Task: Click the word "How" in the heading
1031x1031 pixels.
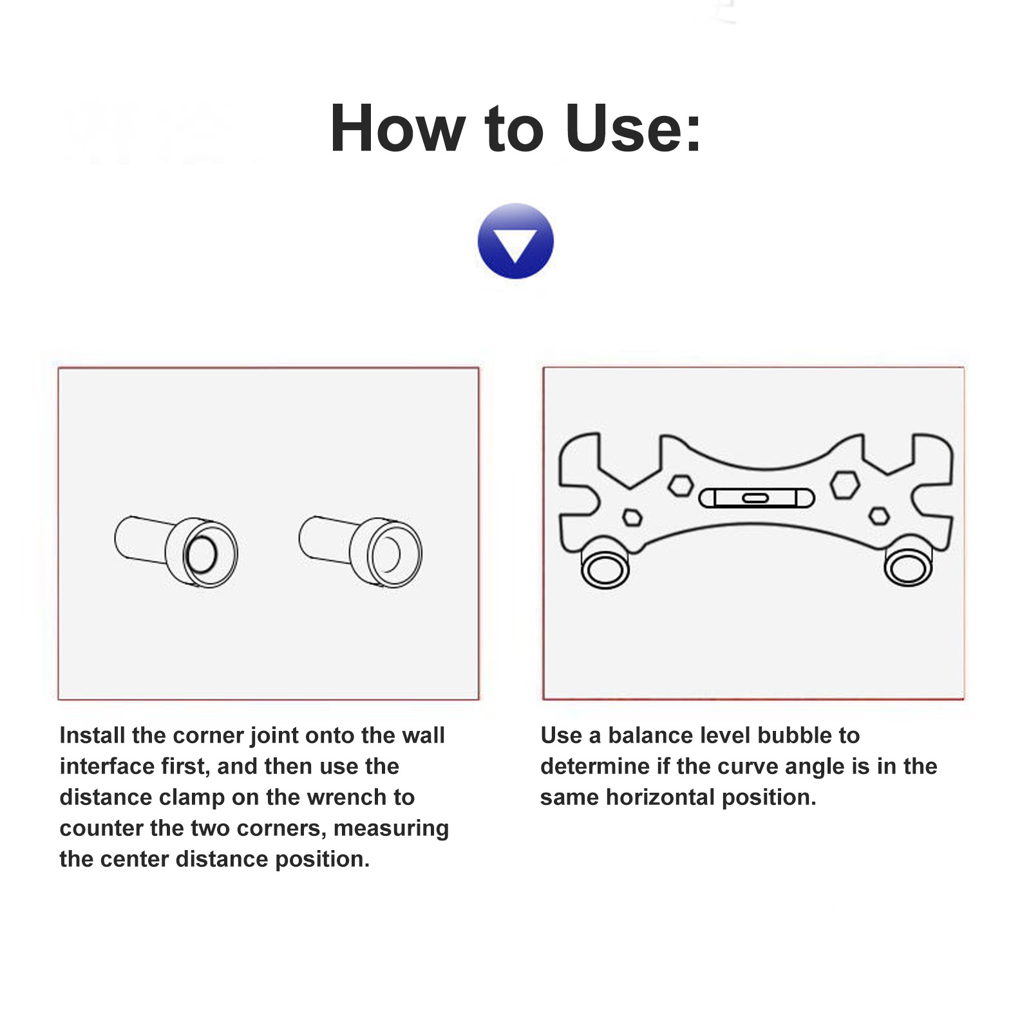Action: point(397,129)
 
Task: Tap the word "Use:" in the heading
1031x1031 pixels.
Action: point(634,129)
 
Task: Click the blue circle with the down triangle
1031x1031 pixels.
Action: point(515,241)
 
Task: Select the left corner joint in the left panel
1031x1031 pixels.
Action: point(176,551)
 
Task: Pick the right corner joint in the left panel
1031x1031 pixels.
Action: point(360,551)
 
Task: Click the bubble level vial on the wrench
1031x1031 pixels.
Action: point(757,498)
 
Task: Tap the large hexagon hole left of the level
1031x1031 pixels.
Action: point(680,486)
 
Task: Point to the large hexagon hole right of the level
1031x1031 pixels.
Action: point(845,485)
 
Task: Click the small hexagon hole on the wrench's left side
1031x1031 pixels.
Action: point(632,517)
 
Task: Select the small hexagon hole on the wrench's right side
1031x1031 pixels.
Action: point(879,516)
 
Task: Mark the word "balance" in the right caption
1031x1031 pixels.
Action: point(647,735)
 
